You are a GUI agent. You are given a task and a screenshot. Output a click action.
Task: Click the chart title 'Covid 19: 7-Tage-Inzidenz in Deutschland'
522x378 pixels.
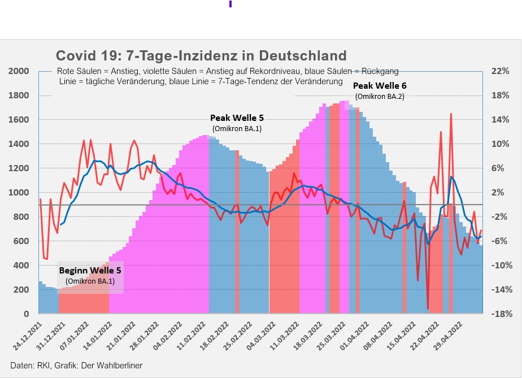201,56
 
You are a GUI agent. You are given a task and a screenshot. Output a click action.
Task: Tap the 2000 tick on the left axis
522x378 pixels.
19,71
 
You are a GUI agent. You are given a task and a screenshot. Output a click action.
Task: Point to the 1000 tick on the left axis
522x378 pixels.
19,193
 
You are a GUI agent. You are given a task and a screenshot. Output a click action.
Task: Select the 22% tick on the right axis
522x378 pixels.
501,71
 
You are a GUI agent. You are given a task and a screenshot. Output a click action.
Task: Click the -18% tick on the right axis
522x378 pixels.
501,314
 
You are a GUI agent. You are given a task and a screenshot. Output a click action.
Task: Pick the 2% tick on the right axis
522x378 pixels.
501,193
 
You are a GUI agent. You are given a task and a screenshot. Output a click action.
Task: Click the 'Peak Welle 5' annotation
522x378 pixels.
237,118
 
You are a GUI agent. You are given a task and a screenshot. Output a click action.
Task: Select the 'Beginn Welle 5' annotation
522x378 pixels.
90,270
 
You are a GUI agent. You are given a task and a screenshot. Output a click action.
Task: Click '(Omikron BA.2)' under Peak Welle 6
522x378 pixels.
380,97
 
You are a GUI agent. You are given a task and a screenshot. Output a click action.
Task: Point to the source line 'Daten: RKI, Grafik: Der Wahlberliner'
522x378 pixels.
76,366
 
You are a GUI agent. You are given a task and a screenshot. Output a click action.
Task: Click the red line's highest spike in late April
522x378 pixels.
451,114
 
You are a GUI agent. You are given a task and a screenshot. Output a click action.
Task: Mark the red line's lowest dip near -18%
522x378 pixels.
428,309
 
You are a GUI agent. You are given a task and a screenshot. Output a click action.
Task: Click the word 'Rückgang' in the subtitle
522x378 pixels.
380,71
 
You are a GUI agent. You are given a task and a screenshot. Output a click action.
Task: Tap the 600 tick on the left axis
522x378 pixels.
21,241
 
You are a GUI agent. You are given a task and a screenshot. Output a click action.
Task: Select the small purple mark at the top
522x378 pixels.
230,3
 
